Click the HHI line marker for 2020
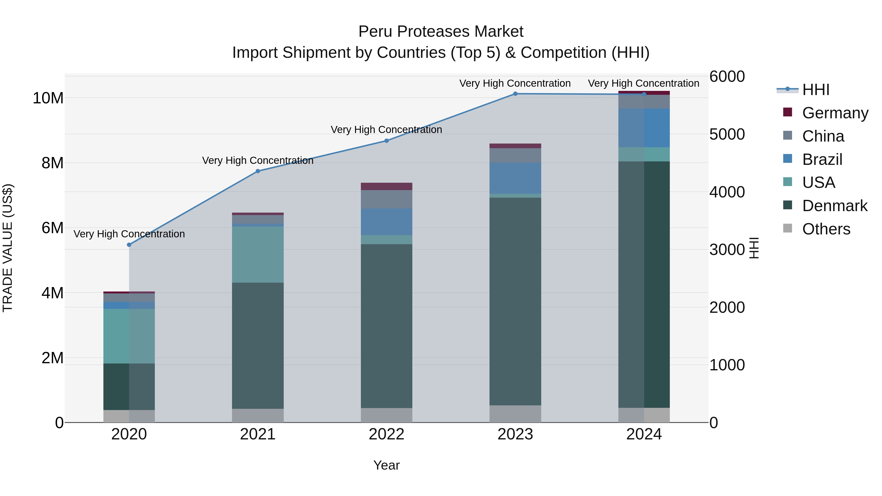129,245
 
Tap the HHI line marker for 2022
387,141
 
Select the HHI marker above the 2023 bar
515,94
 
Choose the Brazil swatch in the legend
787,159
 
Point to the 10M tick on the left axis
48,98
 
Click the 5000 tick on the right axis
727,134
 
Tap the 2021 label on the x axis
258,434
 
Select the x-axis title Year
387,465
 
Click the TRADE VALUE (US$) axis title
8,248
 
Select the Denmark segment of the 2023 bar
515,301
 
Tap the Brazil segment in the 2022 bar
387,222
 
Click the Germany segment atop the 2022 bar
387,186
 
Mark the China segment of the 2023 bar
515,155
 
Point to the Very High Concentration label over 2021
258,160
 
